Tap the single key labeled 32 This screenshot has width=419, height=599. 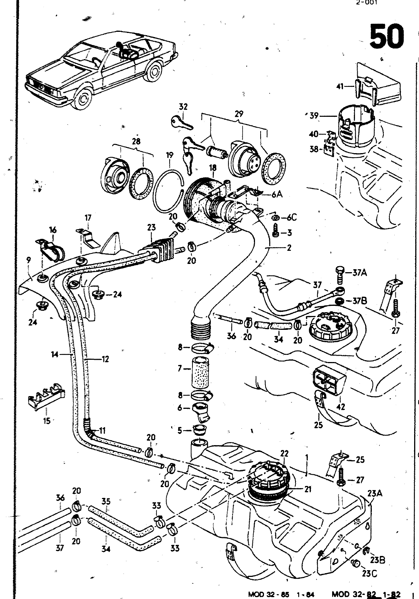coord(182,122)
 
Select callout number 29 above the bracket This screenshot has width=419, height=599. coord(239,114)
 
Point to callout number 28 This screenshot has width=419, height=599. coord(136,142)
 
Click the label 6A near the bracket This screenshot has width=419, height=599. coord(277,194)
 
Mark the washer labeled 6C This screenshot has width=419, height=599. coord(276,218)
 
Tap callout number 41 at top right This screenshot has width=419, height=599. coord(340,86)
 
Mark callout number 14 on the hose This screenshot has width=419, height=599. coord(55,354)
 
